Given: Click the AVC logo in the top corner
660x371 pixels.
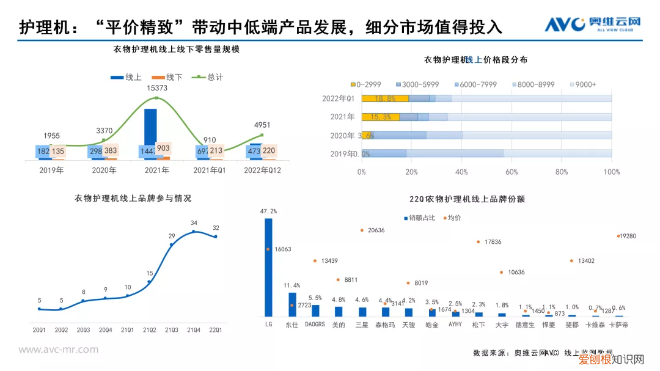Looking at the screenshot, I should pyautogui.click(x=592, y=25).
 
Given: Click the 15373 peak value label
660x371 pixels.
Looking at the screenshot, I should pyautogui.click(x=156, y=88).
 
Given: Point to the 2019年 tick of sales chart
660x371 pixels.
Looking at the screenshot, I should pyautogui.click(x=51, y=171).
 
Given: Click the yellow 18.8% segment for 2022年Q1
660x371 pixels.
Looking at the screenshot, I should pyautogui.click(x=385, y=98).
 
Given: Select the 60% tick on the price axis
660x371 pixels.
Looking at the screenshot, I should pyautogui.click(x=512, y=172).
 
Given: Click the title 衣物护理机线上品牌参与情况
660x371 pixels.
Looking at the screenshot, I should pyautogui.click(x=133, y=198).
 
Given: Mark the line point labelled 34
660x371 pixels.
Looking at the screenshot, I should pyautogui.click(x=194, y=231).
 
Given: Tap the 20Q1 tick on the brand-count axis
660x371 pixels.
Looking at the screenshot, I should pyautogui.click(x=40, y=330).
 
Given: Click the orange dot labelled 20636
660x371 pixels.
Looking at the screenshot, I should pyautogui.click(x=362, y=230).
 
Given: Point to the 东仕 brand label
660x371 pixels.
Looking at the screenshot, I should pyautogui.click(x=291, y=325).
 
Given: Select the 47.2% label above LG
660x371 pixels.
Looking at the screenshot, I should pyautogui.click(x=268, y=211).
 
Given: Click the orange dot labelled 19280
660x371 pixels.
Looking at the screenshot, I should pyautogui.click(x=618, y=236).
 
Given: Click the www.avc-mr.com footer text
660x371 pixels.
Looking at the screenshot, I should pyautogui.click(x=58, y=350).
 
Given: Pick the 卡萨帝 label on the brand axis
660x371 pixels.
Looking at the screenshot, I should pyautogui.click(x=619, y=325).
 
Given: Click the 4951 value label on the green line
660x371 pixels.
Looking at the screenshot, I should pyautogui.click(x=262, y=125).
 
